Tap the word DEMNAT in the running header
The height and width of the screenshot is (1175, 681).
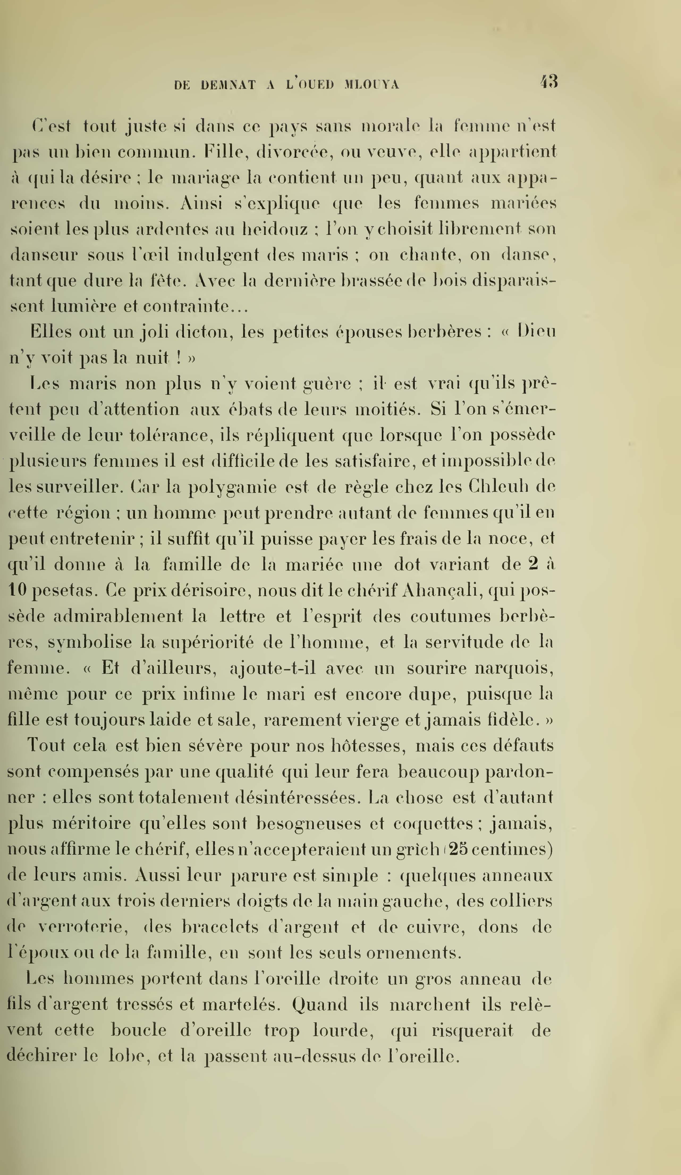[228, 85]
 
